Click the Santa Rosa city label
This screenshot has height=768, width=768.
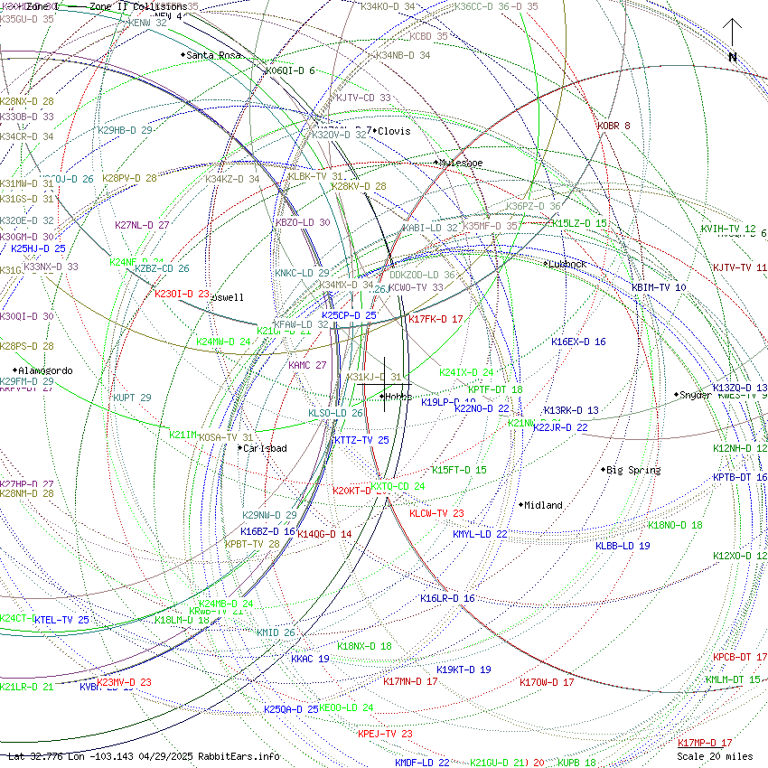pos(214,55)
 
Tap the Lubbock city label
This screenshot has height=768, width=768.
pos(567,264)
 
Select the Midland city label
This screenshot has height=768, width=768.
pos(543,505)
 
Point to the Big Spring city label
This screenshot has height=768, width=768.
pos(633,470)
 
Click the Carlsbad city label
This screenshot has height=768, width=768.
pos(265,448)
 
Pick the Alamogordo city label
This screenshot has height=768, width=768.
pos(46,370)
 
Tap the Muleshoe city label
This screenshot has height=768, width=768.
pos(461,163)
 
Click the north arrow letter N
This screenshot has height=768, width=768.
pos(733,57)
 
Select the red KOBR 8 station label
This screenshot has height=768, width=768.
pos(613,126)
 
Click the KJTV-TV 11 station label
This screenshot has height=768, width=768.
pos(739,267)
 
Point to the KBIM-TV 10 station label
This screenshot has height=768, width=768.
pos(659,287)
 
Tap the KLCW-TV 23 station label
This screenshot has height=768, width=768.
pos(436,513)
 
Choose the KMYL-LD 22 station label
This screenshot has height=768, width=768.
pos(480,534)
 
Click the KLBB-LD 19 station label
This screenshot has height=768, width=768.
pos(623,546)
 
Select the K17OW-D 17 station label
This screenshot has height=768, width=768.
pos(547,682)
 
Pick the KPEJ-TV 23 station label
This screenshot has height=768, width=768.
pos(385,734)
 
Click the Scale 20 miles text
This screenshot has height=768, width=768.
pos(715,756)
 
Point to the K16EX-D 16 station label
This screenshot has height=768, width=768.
pos(578,342)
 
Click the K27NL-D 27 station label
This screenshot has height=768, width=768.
pos(142,225)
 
